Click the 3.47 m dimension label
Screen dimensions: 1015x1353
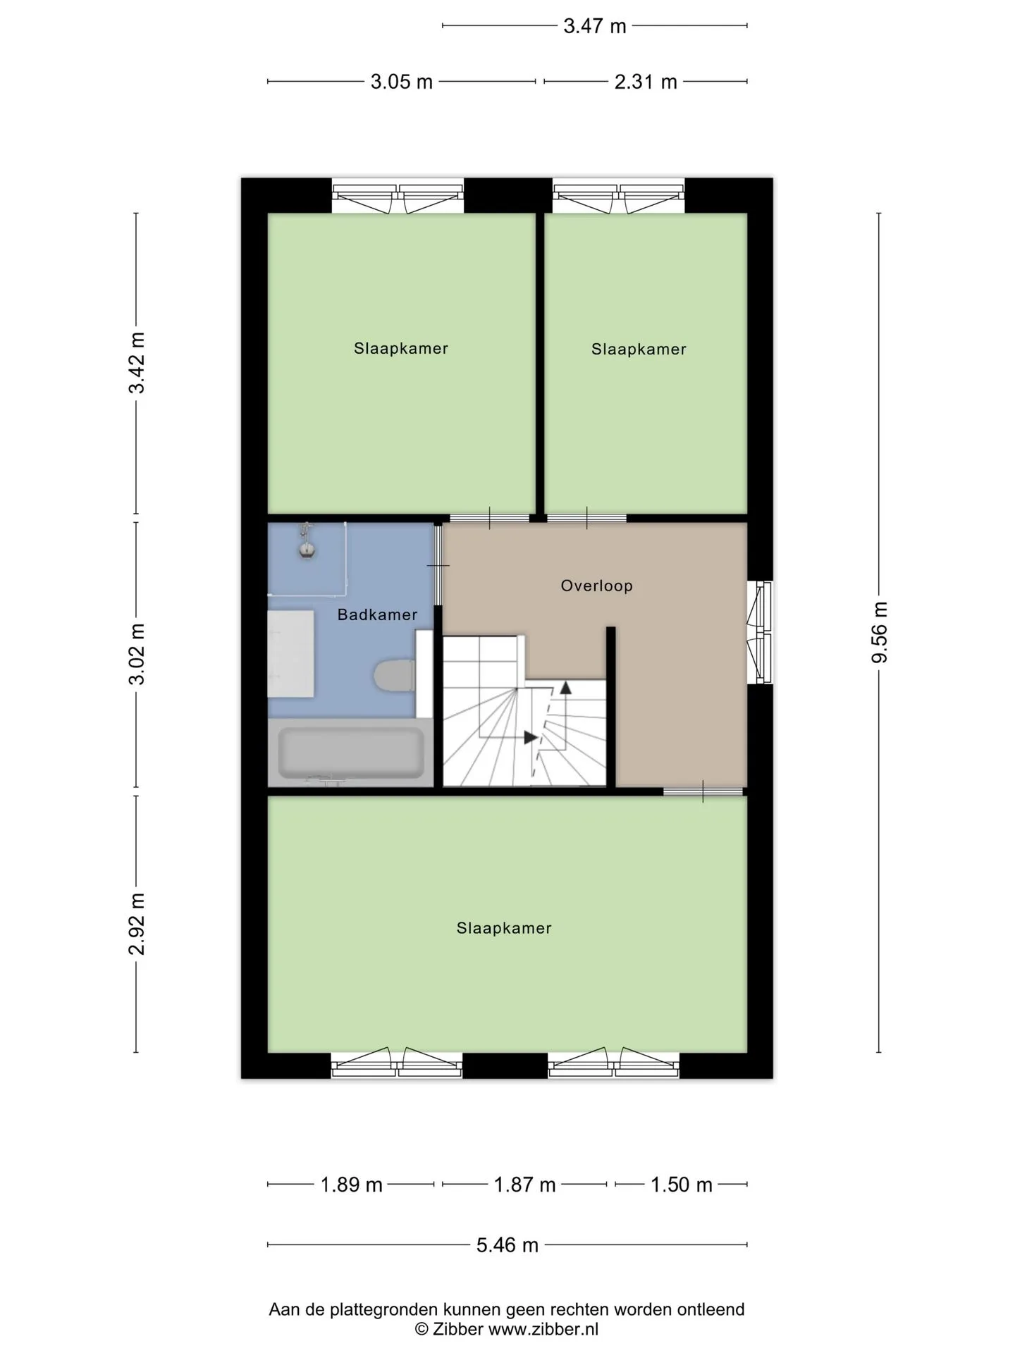(x=594, y=26)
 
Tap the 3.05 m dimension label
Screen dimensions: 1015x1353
(x=401, y=82)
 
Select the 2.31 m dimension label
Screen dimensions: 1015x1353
(x=646, y=82)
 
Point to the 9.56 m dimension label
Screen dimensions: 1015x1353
(x=879, y=632)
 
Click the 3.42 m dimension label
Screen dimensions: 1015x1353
(x=136, y=362)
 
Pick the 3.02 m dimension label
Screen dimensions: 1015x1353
(x=136, y=653)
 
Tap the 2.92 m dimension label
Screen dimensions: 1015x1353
(x=136, y=923)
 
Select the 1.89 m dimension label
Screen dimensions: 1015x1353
(x=351, y=1185)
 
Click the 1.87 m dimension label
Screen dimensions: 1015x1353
(x=524, y=1185)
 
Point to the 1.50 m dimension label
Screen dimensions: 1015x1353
(x=681, y=1185)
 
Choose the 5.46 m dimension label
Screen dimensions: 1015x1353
(x=507, y=1245)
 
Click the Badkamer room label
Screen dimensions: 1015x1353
(x=377, y=614)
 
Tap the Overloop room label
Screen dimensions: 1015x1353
(x=596, y=586)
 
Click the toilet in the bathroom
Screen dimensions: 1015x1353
(x=394, y=675)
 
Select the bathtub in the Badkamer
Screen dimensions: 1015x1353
(x=351, y=753)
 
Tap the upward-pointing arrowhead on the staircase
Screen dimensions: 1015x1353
(x=565, y=688)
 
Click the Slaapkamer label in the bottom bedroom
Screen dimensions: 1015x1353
(x=504, y=928)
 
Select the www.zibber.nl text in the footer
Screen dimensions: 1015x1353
(x=543, y=1329)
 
